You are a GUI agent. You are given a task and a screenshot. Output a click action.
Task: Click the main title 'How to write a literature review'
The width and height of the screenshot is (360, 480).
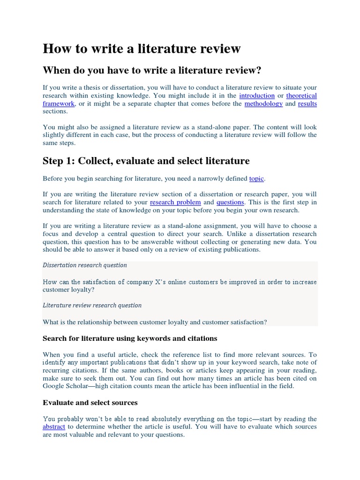(x=142, y=48)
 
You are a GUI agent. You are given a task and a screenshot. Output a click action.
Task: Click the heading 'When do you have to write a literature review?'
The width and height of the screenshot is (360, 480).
(x=151, y=70)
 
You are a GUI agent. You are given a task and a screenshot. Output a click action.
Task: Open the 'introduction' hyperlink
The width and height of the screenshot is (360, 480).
(x=256, y=96)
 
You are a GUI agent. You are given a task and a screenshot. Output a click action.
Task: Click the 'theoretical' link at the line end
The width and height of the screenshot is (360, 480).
(x=301, y=96)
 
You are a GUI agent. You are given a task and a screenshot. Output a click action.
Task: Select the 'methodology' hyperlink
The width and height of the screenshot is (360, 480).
(x=263, y=104)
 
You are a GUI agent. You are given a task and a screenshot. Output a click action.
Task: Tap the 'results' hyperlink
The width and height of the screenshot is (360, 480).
(x=307, y=104)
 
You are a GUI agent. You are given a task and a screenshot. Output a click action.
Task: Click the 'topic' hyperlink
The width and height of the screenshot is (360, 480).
(x=256, y=179)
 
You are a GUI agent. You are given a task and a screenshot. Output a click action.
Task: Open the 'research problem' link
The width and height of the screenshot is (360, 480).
(x=175, y=202)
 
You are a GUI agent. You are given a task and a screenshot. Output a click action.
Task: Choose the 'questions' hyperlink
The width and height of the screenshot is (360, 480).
(x=230, y=202)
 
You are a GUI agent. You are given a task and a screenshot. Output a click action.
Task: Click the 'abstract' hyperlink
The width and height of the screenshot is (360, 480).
(x=53, y=427)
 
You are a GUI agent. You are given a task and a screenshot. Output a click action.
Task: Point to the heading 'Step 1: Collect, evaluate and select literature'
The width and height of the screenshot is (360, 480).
(x=146, y=161)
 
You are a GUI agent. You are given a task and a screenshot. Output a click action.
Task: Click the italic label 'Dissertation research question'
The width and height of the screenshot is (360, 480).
(x=85, y=265)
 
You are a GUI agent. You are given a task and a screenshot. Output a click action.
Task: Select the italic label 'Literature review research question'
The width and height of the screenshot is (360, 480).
(x=92, y=305)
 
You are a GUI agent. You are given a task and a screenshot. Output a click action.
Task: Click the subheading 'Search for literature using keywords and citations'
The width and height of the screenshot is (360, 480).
(x=130, y=338)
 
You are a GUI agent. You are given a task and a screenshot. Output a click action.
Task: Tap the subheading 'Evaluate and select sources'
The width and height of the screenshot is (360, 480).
(x=90, y=403)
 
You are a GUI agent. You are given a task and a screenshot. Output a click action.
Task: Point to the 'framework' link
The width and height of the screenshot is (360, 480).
(x=59, y=104)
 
